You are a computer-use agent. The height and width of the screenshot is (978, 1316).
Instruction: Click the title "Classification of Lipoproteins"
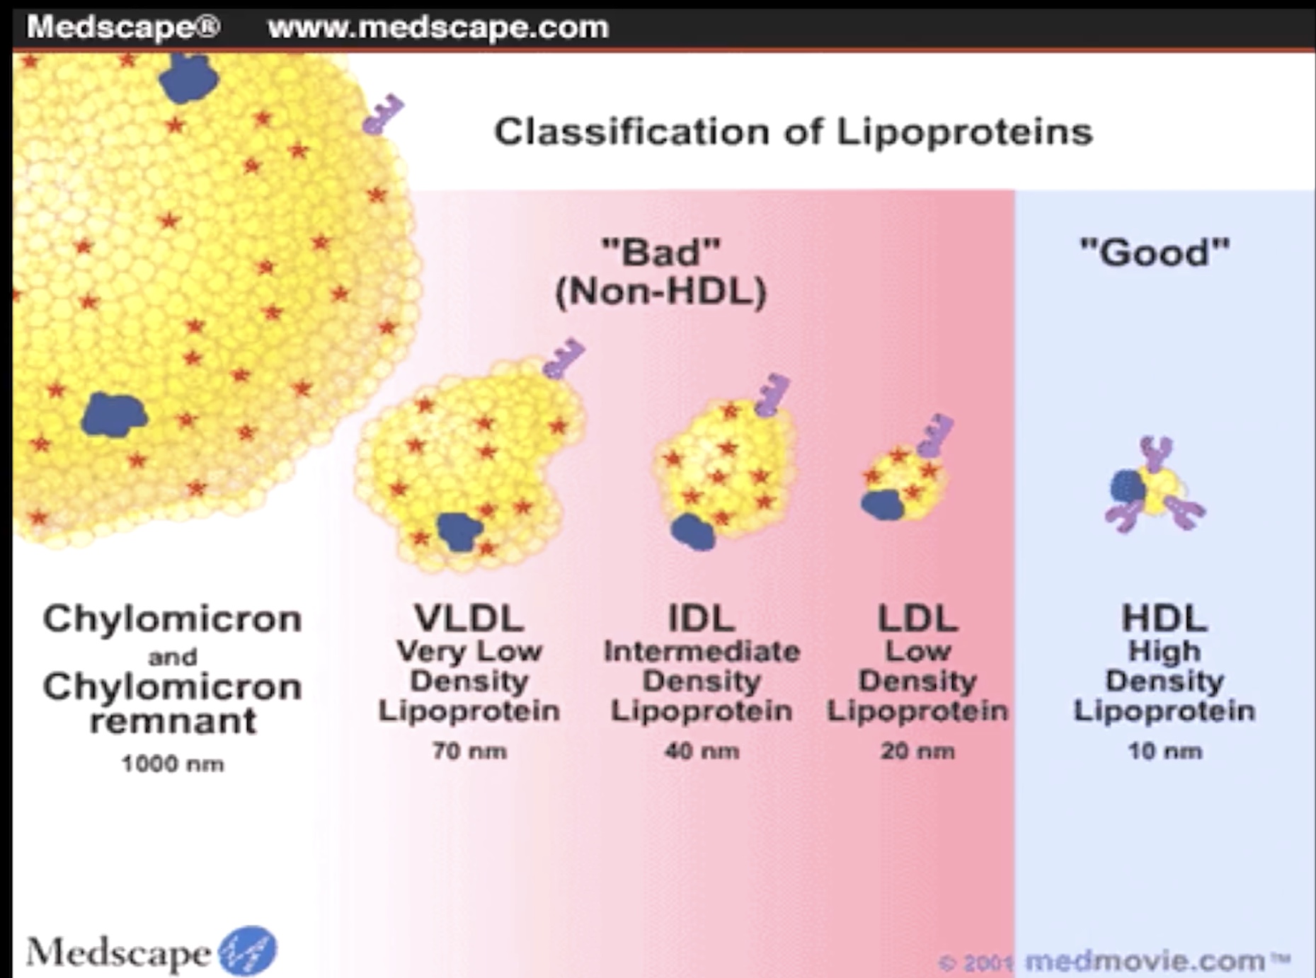pos(793,132)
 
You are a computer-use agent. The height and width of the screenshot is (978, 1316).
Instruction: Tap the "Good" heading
pos(1155,252)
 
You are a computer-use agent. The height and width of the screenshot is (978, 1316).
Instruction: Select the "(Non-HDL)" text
pos(660,292)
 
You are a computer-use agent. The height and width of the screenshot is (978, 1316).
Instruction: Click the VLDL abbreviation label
pos(469,618)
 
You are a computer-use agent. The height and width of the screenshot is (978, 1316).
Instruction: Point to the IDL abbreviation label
pos(701,618)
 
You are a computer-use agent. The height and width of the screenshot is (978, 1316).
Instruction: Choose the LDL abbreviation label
pos(917,618)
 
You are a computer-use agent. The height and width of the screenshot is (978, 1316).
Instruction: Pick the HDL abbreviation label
pos(1164,618)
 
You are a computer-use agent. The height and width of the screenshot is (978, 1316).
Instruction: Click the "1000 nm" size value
pos(173,764)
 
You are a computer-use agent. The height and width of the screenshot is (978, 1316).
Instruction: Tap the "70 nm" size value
pos(469,750)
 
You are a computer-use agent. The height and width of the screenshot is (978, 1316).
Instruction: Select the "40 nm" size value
pos(701,750)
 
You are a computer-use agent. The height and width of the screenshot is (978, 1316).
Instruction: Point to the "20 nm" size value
pos(917,750)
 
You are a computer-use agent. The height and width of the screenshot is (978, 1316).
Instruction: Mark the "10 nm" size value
pos(1165,750)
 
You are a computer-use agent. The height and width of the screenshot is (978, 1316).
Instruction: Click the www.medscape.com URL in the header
pos(438,28)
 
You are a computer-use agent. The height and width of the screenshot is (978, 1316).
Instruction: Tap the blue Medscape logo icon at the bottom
pos(247,950)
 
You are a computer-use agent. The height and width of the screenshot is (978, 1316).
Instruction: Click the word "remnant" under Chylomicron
pos(173,721)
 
